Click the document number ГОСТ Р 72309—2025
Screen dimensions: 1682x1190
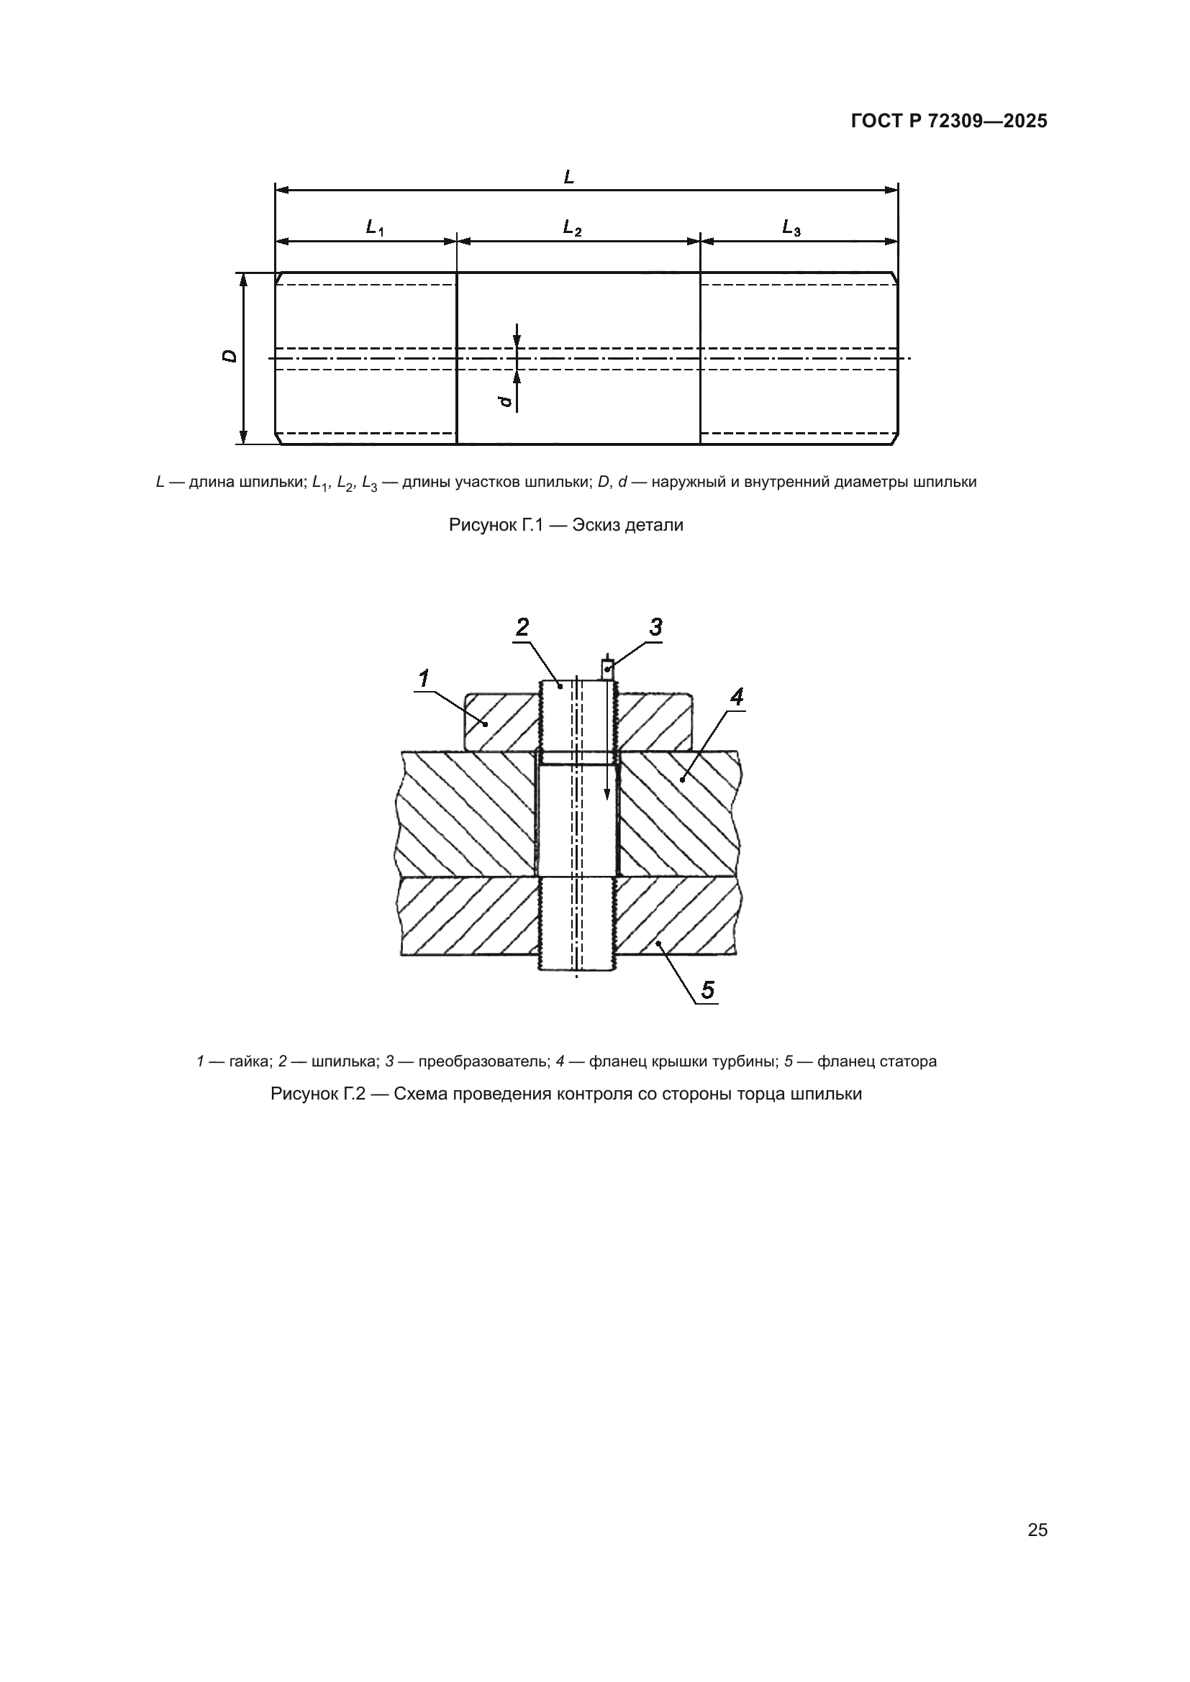949,121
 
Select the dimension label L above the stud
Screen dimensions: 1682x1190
569,177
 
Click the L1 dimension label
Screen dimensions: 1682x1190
374,228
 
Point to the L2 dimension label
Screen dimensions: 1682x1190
572,228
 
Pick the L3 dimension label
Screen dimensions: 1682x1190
791,228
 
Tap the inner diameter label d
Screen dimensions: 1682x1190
504,401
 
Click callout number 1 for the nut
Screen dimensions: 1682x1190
424,679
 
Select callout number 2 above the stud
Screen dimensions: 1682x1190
522,628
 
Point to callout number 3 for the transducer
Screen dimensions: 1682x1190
655,628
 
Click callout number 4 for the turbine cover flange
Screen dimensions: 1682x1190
737,697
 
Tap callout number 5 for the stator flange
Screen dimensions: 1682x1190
707,989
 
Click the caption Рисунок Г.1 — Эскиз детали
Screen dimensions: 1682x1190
566,525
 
